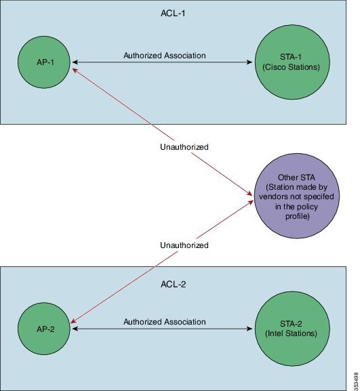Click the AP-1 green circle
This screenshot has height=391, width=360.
point(47,62)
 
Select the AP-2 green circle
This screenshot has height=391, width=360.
point(47,328)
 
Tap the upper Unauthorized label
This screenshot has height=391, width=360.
point(180,146)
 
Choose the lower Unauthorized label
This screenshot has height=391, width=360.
point(180,245)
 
